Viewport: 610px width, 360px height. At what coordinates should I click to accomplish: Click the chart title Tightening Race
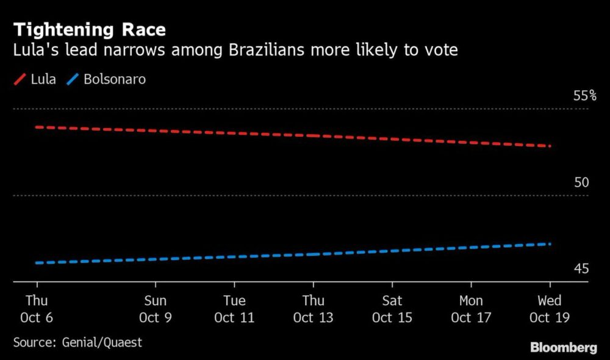(90, 29)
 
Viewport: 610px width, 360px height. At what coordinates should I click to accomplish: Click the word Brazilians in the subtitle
(267, 50)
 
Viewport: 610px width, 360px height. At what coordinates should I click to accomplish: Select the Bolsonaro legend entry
(106, 79)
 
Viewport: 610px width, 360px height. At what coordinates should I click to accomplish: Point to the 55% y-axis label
(584, 96)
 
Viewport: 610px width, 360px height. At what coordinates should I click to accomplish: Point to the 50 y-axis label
(581, 182)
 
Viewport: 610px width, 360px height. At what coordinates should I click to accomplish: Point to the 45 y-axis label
(581, 269)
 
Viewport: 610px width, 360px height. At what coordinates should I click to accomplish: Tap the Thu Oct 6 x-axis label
(37, 309)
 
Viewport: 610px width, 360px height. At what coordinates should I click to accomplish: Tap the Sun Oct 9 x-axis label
(156, 309)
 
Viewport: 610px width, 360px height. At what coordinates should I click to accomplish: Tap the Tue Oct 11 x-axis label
(234, 309)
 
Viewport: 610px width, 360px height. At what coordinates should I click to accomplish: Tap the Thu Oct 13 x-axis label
(314, 309)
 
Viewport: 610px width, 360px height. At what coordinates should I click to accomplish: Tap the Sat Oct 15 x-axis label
(392, 309)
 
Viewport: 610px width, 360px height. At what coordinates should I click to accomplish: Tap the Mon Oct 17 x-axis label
(471, 309)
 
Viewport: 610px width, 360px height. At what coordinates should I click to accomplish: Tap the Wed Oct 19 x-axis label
(550, 309)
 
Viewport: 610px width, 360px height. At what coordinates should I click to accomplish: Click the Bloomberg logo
(563, 348)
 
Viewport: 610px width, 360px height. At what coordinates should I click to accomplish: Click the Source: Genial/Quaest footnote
(77, 342)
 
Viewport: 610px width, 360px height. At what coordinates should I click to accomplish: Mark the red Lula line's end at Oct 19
(550, 146)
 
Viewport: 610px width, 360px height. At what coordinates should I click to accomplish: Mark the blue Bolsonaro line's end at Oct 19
(550, 244)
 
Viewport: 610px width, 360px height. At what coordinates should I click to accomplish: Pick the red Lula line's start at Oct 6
(37, 127)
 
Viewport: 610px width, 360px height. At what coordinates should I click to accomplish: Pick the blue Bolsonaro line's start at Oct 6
(37, 263)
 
